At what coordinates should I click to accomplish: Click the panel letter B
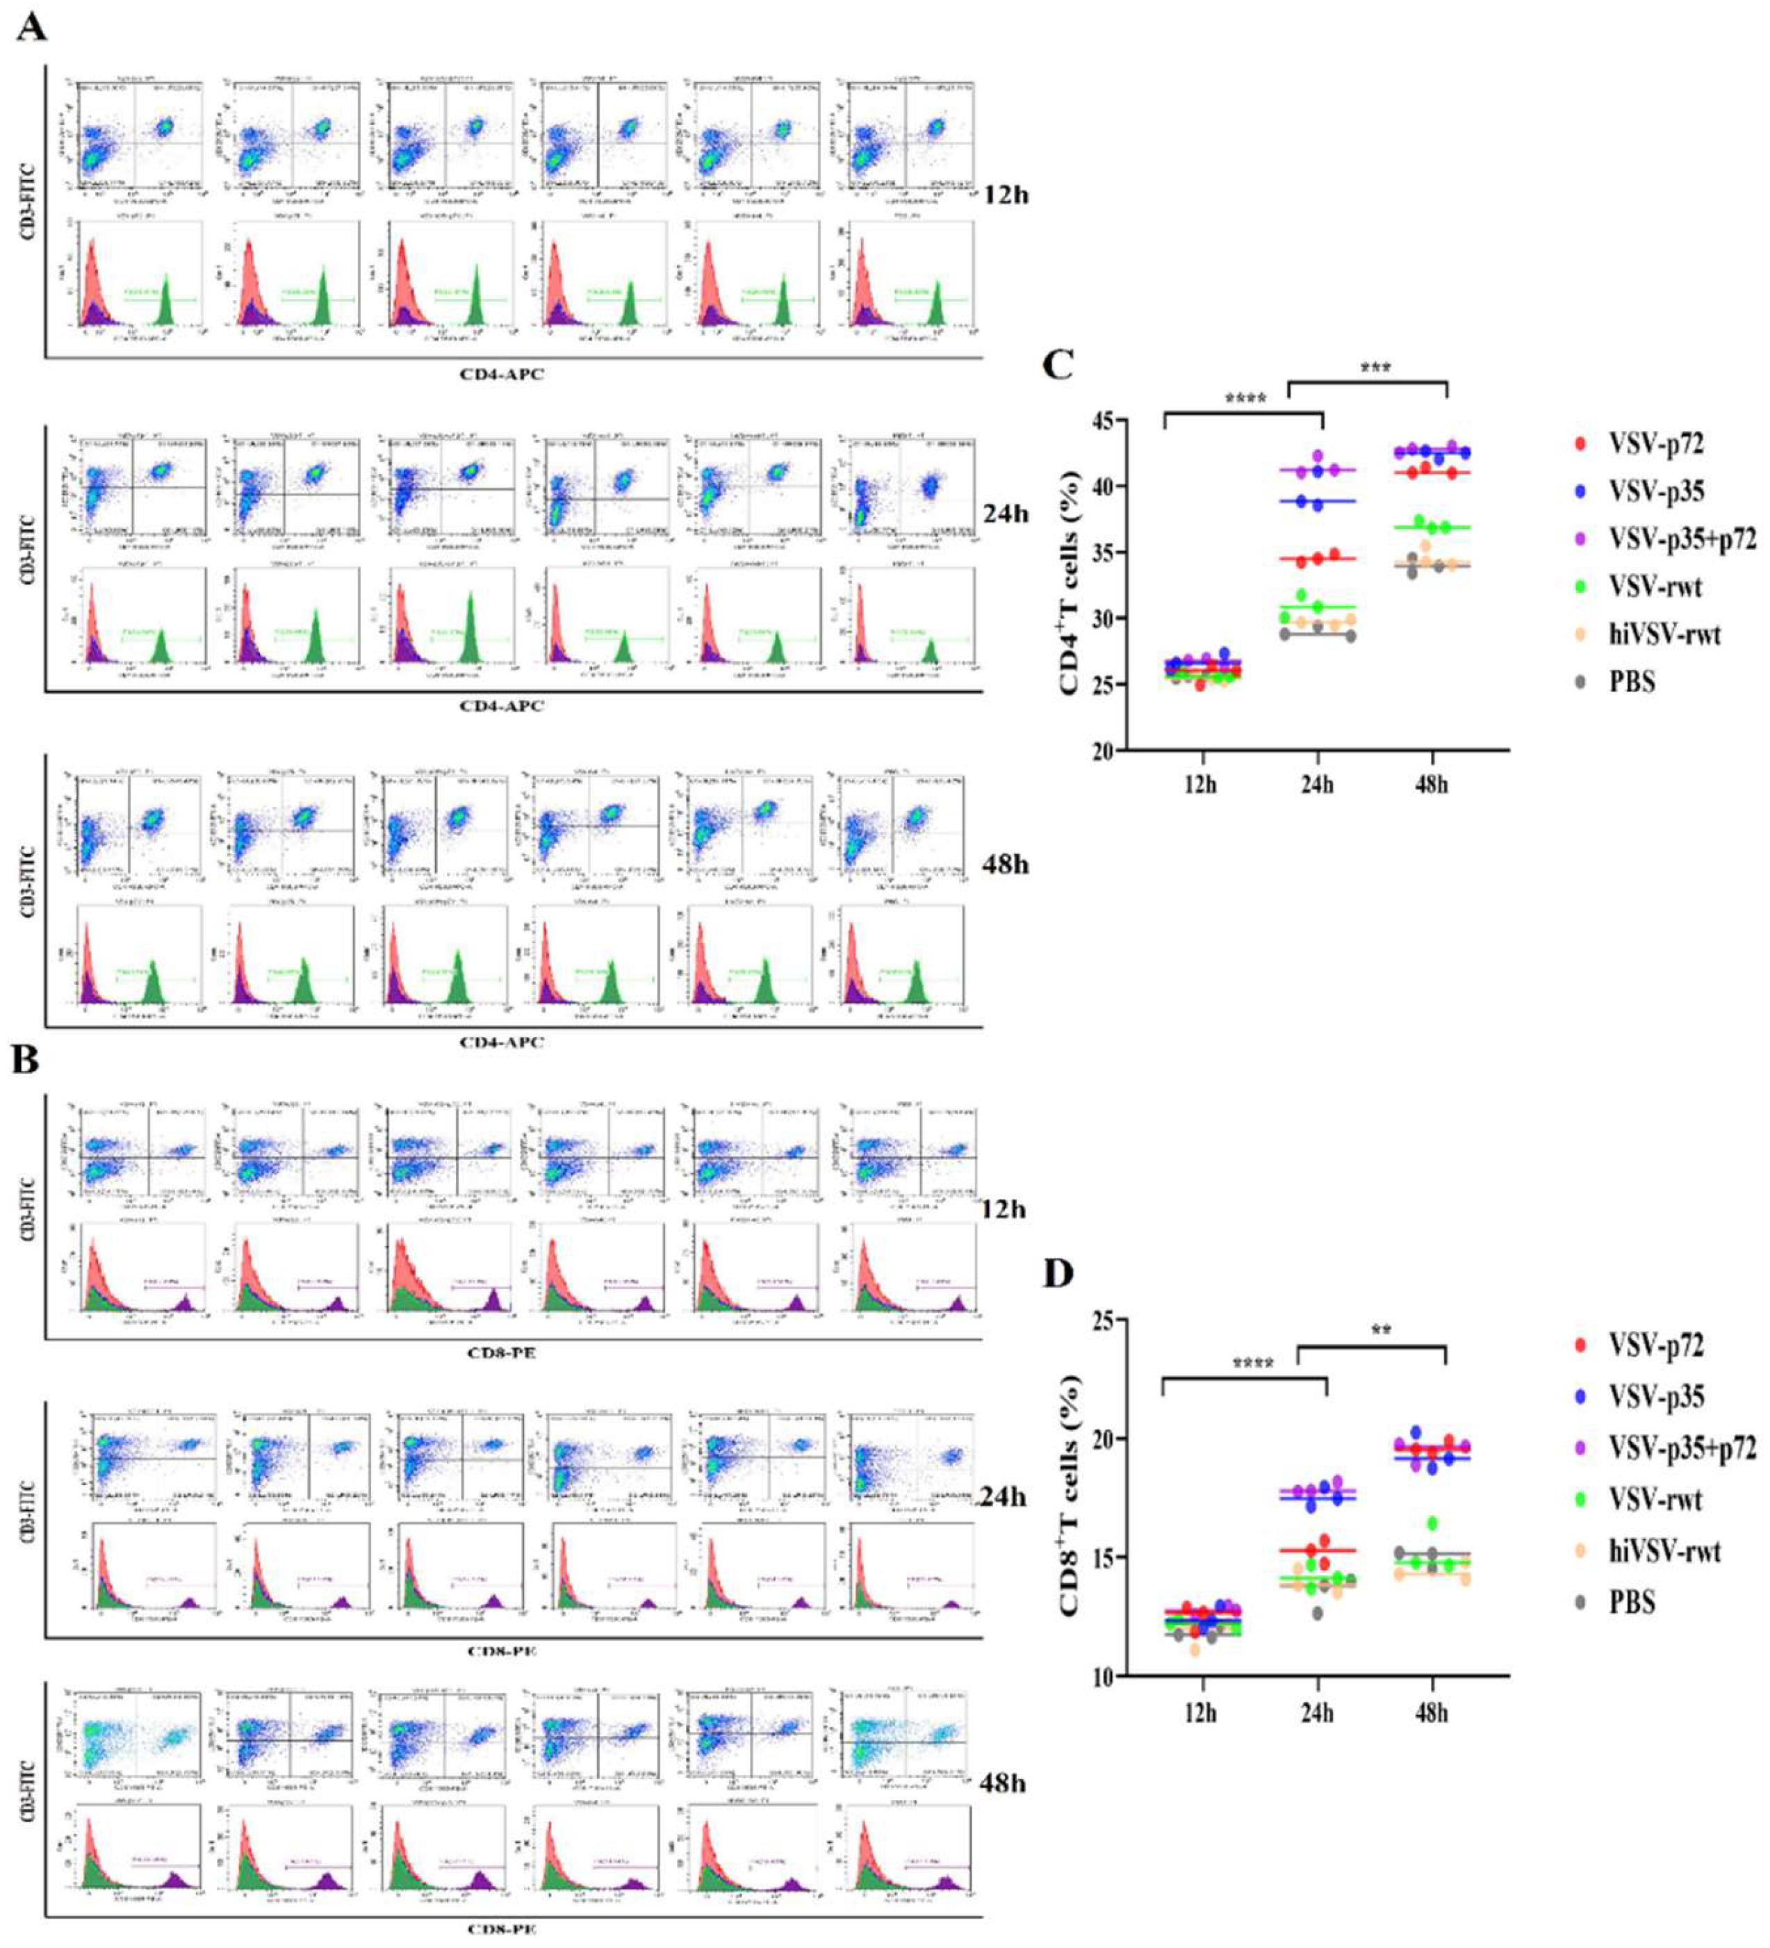pos(27,1060)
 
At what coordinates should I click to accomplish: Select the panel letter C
pos(1060,366)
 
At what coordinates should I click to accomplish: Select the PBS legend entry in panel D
pos(1632,1602)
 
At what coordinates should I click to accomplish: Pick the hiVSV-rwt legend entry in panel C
pos(1664,634)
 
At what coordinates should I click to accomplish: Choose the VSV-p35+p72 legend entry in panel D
pos(1681,1448)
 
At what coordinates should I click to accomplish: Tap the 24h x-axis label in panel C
pos(1316,784)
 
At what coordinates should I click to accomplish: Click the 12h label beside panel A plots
pos(1005,194)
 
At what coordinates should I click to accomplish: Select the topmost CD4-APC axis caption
pos(502,374)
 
